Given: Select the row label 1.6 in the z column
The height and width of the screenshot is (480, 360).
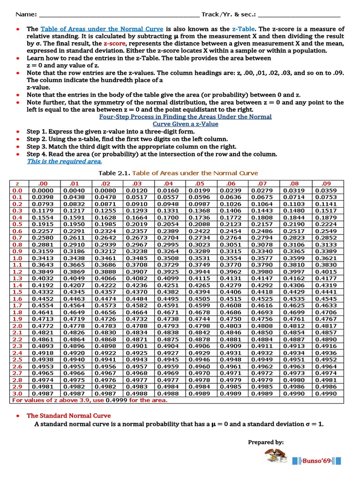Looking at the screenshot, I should click(17, 299).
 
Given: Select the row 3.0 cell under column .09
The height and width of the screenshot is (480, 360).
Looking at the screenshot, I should click(326, 394).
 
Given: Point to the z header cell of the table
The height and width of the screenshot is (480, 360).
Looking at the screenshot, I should click(17, 184).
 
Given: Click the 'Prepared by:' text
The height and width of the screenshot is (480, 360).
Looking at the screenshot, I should click(265, 442).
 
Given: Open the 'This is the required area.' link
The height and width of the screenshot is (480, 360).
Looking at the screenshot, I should click(64, 161).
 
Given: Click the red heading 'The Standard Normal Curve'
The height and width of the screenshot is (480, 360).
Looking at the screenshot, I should click(68, 415).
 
